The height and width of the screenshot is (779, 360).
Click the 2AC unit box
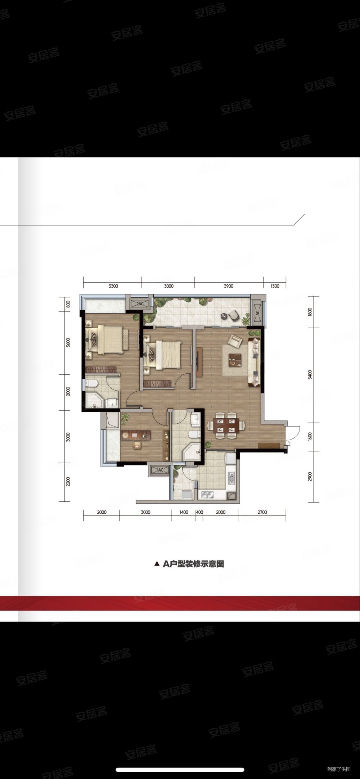click(140, 304)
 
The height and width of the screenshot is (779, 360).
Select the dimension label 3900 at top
click(229, 286)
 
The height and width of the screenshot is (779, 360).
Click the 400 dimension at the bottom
click(199, 512)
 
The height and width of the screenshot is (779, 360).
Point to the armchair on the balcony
click(234, 316)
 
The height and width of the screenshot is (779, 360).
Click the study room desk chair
click(137, 445)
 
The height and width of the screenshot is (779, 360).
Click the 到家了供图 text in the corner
click(339, 769)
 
